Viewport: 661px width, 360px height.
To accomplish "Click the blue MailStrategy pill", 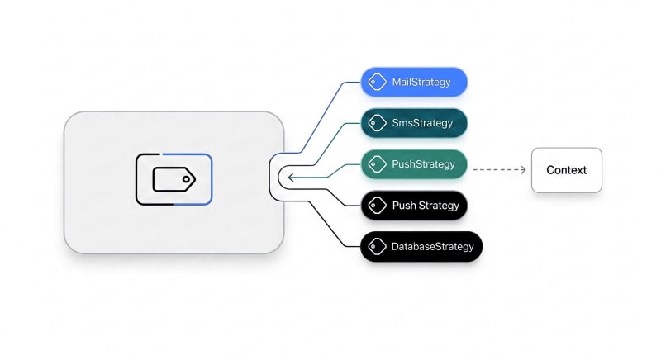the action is coord(414,82).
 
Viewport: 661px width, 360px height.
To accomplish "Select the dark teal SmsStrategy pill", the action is coord(414,123).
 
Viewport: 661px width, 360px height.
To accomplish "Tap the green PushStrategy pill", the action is coord(414,164).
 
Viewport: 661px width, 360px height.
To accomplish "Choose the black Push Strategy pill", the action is coord(414,206).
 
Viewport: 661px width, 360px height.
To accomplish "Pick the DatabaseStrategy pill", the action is coord(421,247).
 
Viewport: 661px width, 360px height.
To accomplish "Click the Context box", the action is coord(567,170).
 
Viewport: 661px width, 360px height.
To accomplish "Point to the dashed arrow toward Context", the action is coord(499,170).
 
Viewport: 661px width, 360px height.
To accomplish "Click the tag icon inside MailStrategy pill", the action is coord(377,82).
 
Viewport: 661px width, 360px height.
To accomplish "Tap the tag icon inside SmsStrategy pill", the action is coord(377,123).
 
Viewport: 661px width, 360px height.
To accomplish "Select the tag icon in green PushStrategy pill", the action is coord(377,164).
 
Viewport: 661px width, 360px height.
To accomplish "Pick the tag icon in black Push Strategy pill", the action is coord(377,206).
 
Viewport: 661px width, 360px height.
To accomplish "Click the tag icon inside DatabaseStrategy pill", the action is coord(377,247).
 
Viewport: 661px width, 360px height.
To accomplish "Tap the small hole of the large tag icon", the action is coord(186,179).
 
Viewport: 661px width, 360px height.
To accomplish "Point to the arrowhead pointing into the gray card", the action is coord(291,178).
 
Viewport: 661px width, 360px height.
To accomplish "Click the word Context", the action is coord(567,170).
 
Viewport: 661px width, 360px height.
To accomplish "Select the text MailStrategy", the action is coord(421,82).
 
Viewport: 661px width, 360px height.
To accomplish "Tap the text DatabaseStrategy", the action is coord(432,247).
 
